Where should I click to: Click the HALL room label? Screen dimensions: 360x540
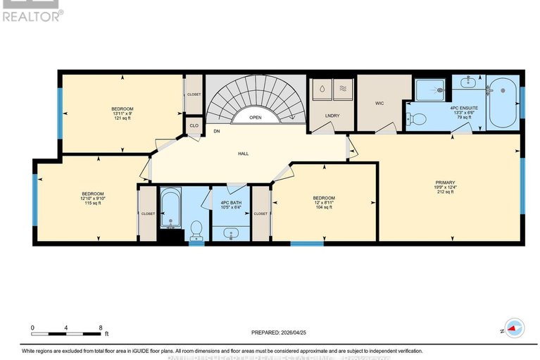(243, 153)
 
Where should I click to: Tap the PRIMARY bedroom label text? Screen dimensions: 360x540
(446, 182)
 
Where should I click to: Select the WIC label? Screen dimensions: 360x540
(379, 103)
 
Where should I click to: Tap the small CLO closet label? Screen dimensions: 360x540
(194, 125)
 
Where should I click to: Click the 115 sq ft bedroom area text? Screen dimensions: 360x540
(93, 203)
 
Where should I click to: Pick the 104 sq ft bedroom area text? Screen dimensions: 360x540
(324, 209)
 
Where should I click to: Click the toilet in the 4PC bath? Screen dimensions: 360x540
(196, 228)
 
